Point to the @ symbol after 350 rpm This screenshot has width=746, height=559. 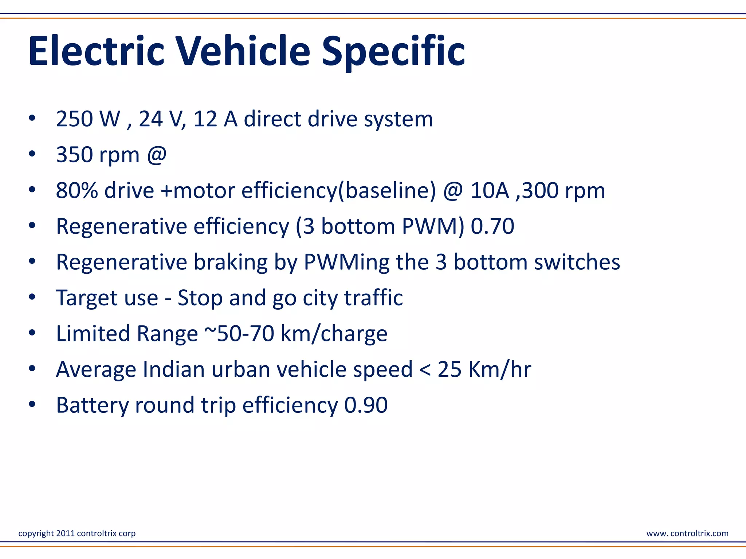click(157, 155)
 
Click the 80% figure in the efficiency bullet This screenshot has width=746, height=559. click(77, 191)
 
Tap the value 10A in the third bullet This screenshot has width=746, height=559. click(490, 191)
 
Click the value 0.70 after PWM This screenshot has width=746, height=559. click(492, 226)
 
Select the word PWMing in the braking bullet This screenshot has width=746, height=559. click(346, 262)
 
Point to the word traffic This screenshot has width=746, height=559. click(374, 298)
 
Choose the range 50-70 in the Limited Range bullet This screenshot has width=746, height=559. click(246, 334)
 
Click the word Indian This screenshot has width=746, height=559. click(174, 369)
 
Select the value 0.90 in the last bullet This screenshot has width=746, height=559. click(366, 405)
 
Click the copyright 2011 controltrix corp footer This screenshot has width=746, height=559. click(77, 534)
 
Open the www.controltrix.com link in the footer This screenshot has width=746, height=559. click(687, 534)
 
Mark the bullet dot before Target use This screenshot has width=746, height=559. click(32, 297)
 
